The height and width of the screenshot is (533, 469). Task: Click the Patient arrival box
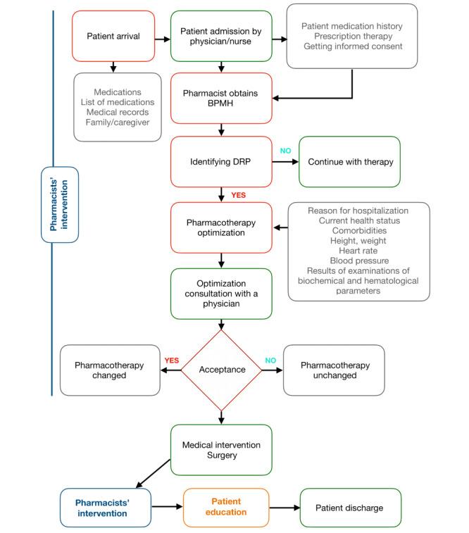coord(113,36)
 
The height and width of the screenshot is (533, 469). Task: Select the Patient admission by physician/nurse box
coord(222,36)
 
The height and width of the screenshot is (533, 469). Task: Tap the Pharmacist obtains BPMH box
coord(222,99)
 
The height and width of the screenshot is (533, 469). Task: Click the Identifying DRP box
coord(222,162)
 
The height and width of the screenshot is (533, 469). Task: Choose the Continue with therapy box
coord(349,162)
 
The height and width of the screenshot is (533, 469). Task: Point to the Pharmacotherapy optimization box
coord(222,227)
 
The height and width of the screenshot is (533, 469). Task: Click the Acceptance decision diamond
coord(222,369)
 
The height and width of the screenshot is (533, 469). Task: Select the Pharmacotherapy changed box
coord(109,370)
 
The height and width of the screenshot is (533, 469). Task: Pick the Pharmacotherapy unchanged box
coord(334,370)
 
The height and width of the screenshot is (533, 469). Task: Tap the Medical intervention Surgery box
coord(222,450)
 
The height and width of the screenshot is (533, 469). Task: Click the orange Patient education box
coord(225,507)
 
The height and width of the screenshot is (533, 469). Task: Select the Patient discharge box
coord(351,507)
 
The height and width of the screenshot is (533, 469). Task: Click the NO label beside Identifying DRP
coord(286,151)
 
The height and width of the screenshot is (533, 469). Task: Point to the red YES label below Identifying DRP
coord(239,195)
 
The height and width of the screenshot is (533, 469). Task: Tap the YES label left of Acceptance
coord(172,360)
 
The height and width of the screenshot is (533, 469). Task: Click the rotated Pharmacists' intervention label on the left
coord(60,205)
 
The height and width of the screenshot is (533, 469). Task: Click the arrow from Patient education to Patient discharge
coord(284,507)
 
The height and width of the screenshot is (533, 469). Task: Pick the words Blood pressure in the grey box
coord(358,260)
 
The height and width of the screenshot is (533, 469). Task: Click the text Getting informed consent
coord(351,46)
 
